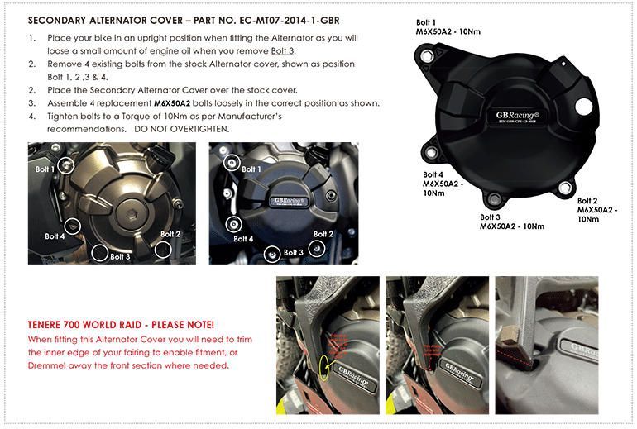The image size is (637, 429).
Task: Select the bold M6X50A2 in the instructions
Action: (x=178, y=103)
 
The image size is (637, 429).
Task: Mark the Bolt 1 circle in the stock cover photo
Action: (x=67, y=165)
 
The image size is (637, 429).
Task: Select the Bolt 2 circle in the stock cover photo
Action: (x=163, y=248)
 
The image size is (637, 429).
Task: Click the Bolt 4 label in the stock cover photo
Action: (x=55, y=236)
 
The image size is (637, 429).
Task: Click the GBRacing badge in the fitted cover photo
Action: (x=291, y=199)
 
